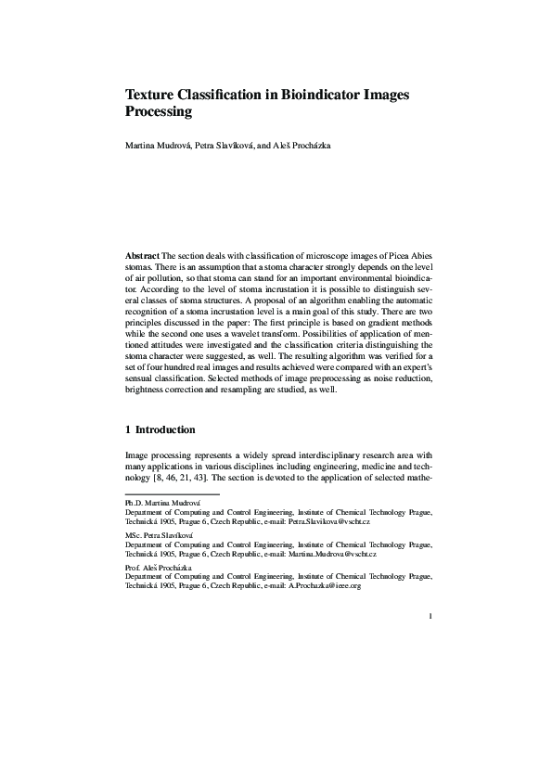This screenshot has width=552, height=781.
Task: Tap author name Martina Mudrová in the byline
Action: pyautogui.click(x=161, y=146)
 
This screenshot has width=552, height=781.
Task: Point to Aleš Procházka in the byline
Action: pyautogui.click(x=302, y=146)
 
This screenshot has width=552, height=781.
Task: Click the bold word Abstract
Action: pyautogui.click(x=142, y=254)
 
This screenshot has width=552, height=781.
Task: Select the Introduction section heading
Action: pyautogui.click(x=165, y=429)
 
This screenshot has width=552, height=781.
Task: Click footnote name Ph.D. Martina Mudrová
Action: pyautogui.click(x=161, y=501)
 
